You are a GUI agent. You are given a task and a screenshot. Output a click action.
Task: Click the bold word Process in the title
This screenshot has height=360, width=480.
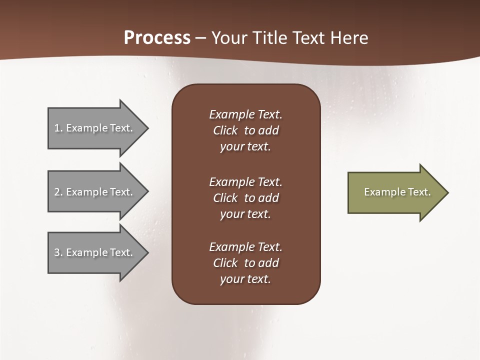click(x=157, y=38)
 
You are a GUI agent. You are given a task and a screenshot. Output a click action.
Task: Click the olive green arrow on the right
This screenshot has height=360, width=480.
click(x=395, y=192)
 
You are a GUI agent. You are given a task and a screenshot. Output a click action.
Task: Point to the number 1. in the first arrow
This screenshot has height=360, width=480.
click(x=58, y=128)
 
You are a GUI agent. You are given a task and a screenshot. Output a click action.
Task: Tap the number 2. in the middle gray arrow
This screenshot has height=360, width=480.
click(x=58, y=192)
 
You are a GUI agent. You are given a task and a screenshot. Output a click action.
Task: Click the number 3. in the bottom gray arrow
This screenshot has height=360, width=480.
click(x=58, y=252)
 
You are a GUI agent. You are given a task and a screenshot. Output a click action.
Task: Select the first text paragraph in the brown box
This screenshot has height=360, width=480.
click(x=245, y=130)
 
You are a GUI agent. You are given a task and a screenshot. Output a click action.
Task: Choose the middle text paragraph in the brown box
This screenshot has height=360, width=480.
click(x=245, y=198)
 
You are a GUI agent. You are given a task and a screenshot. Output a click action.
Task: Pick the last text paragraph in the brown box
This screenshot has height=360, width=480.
click(x=245, y=263)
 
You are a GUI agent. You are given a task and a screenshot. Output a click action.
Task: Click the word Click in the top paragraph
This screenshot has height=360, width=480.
click(x=225, y=130)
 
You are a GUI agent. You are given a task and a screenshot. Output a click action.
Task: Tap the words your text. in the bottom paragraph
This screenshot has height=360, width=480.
click(x=245, y=279)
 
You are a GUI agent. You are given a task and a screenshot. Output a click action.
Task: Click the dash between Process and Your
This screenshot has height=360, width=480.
click(x=201, y=38)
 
